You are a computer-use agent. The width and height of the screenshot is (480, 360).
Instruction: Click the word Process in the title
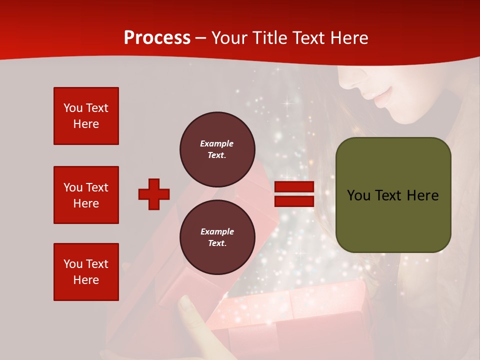tap(157, 38)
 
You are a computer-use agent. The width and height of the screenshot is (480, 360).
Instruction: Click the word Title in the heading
tap(268, 38)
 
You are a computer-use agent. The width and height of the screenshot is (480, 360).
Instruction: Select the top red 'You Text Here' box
tap(86, 116)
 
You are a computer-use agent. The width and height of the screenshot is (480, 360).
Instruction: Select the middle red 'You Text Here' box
tap(86, 195)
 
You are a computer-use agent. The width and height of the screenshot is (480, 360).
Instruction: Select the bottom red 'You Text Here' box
tap(86, 272)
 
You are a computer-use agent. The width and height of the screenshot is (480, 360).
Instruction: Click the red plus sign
tap(154, 194)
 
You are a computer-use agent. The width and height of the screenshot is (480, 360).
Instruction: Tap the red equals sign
tap(294, 194)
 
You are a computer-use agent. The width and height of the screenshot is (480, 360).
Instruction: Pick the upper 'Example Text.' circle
tap(217, 149)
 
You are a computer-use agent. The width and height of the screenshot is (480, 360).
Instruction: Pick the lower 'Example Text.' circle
tap(217, 237)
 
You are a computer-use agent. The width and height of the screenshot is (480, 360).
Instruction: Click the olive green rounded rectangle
tap(393, 195)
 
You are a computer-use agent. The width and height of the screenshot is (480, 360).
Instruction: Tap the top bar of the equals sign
tap(294, 187)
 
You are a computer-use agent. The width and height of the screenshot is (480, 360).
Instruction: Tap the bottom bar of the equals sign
tap(294, 201)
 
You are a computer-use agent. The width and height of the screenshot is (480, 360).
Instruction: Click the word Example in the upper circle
tap(216, 143)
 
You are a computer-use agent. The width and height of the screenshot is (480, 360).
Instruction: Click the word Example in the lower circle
tap(217, 231)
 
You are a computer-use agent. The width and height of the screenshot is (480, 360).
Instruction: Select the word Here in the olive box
tap(422, 195)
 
